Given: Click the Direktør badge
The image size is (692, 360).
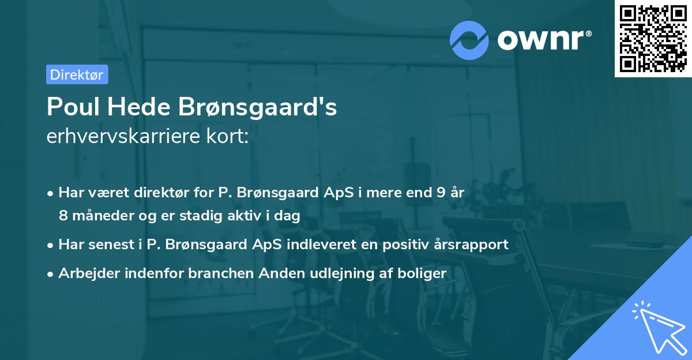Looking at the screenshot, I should pos(77,74).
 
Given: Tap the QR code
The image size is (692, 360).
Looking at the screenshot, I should pos(653,38).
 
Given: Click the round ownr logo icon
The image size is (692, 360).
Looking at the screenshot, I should pos(469,40).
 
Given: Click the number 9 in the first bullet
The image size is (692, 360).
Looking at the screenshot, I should pos(441,193).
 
